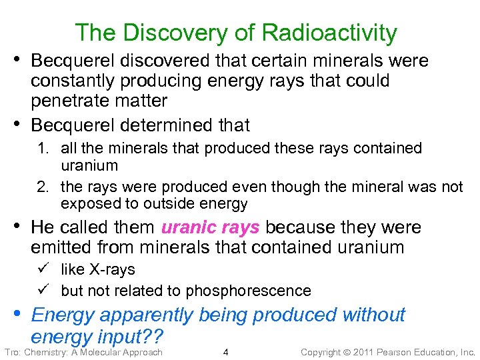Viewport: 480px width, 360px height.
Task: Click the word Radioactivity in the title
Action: point(330,32)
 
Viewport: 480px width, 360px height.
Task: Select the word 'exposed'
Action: point(87,204)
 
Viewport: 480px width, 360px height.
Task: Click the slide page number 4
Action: point(226,352)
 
